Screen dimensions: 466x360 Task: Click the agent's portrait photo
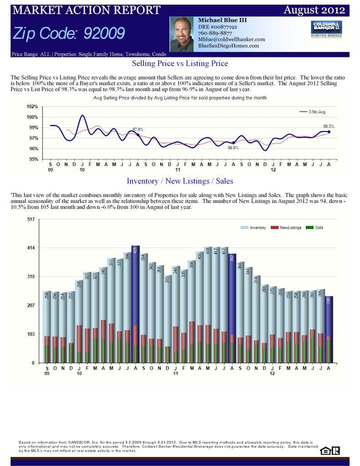tap(183, 34)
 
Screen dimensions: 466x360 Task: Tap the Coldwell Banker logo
tap(326, 29)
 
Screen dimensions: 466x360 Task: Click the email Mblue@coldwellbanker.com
tap(231, 40)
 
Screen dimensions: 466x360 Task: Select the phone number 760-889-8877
tap(215, 33)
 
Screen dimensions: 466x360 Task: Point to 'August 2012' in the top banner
tap(314, 10)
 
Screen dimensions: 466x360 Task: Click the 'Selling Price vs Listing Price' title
tap(180, 63)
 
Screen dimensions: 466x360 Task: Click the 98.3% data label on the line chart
tap(328, 126)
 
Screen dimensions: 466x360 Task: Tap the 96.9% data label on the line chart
tap(233, 148)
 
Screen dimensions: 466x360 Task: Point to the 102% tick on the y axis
tap(32, 107)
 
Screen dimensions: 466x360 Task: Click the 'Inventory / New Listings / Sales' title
tap(180, 181)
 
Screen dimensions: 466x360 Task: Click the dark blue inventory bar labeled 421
tap(135, 305)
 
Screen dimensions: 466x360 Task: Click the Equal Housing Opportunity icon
tap(325, 451)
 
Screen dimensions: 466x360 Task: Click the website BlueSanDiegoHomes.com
tap(228, 46)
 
